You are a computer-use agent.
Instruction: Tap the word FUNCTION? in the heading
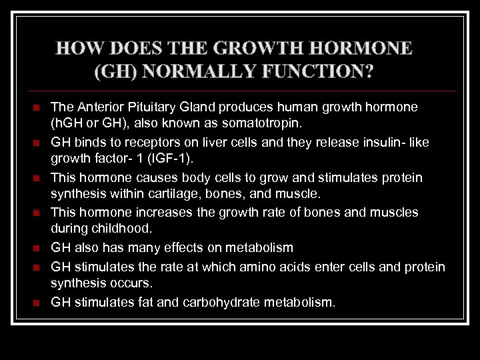(x=322, y=70)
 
